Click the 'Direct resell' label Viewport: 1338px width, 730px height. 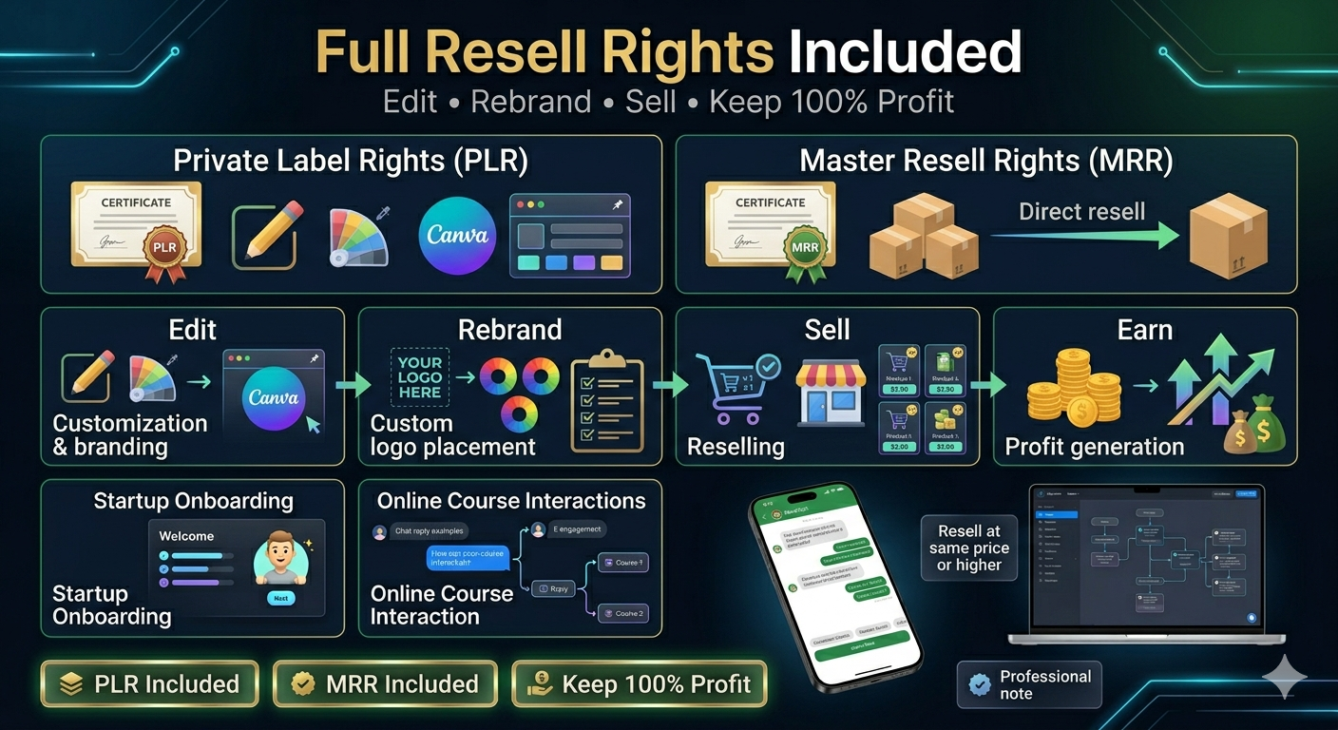(x=1081, y=211)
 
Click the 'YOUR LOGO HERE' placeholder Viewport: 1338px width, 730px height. (x=419, y=377)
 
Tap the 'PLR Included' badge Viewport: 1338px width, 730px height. (x=149, y=683)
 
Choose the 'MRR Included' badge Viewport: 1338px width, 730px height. (x=385, y=683)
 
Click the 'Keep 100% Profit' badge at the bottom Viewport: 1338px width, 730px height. (x=639, y=683)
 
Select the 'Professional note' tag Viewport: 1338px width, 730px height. (x=1029, y=684)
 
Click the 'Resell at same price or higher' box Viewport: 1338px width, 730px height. (x=969, y=548)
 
